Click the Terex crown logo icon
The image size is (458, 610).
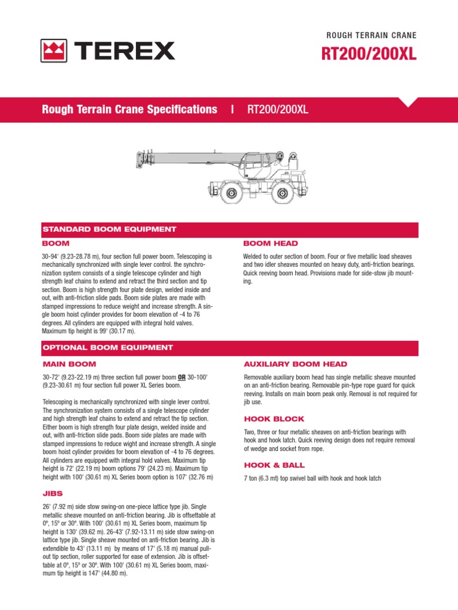pos(54,51)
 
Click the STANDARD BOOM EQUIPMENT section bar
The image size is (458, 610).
pos(109,229)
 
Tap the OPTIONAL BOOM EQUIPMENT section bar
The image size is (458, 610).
pos(107,347)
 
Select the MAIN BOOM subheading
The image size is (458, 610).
pos(69,364)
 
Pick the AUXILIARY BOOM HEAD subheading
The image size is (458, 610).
pos(296,364)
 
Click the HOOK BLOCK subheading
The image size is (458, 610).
pos(274,419)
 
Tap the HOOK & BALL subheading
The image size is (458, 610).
pos(274,465)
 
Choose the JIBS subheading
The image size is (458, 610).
pos(53,493)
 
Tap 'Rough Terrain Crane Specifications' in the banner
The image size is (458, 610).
pos(129,110)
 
